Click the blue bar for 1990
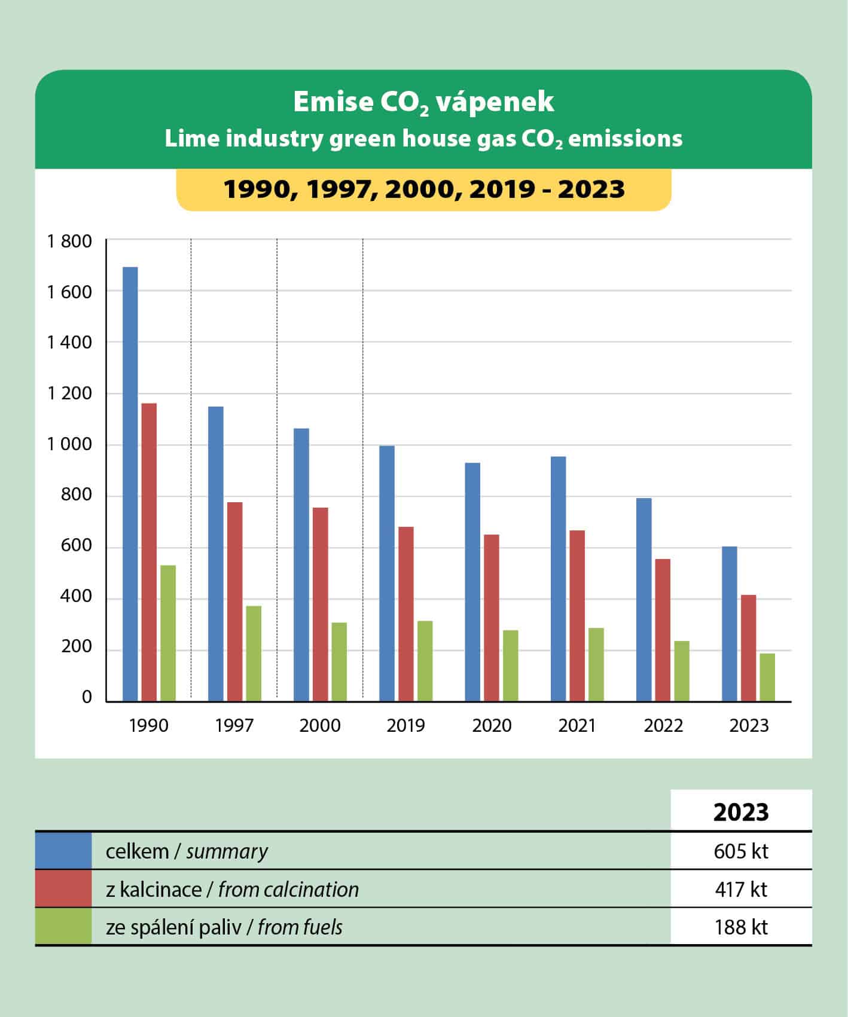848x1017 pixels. click(x=130, y=484)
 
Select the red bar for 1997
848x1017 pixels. click(x=235, y=601)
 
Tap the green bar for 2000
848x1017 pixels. click(x=339, y=661)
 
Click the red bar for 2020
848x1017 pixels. click(x=492, y=617)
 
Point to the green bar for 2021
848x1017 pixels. click(x=596, y=664)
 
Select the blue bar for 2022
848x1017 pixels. click(x=644, y=599)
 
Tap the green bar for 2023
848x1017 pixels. click(x=767, y=677)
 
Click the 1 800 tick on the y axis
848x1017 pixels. click(x=70, y=242)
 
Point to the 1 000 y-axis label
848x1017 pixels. click(x=70, y=444)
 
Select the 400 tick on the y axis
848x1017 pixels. click(x=76, y=596)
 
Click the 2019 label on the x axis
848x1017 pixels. click(x=405, y=725)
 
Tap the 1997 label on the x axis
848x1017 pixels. click(x=234, y=725)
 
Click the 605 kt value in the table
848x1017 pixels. click(x=741, y=851)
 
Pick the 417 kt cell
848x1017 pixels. click(x=741, y=889)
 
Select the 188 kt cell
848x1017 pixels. click(x=741, y=927)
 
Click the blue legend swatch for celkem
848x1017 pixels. click(x=63, y=850)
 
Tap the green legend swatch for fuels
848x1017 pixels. click(x=63, y=926)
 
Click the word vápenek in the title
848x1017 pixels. click(x=495, y=102)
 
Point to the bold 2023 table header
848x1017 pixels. click(x=741, y=812)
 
